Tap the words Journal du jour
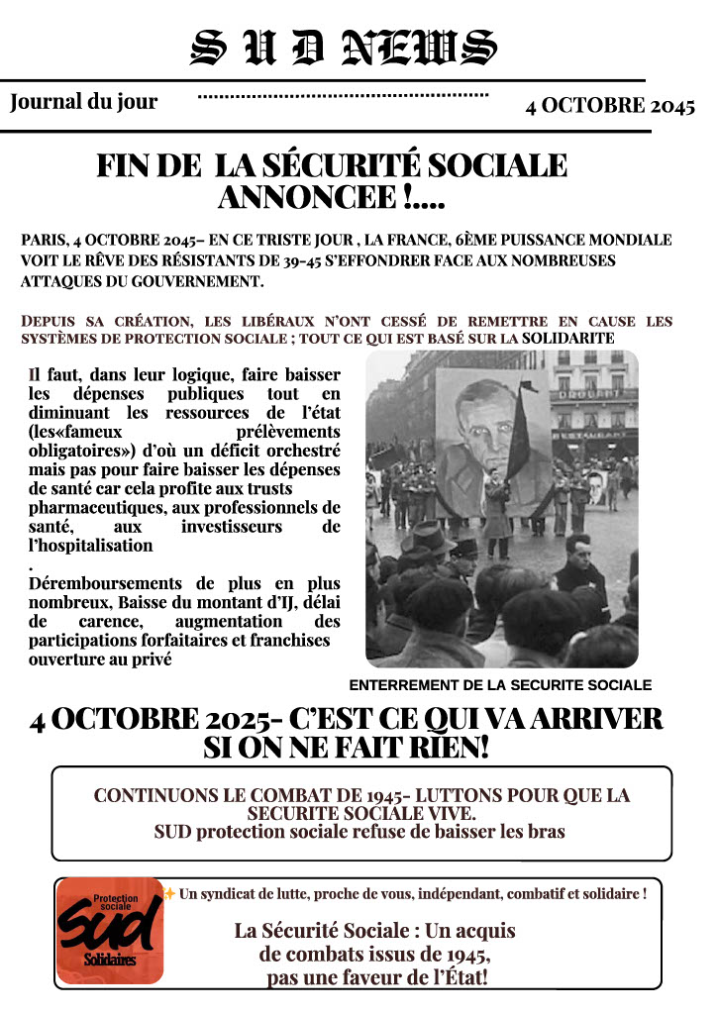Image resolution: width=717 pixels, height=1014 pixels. coord(83,101)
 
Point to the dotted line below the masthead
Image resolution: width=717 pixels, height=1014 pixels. coord(344,96)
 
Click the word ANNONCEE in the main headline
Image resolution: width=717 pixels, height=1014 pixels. coord(308,197)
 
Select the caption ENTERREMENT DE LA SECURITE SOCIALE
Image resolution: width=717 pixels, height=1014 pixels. coord(500,685)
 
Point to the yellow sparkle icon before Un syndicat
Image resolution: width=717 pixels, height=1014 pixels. coord(169,894)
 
